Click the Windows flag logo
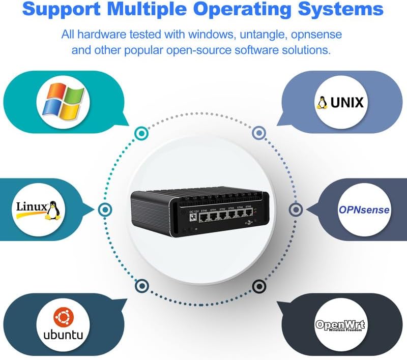click(64, 100)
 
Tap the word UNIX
click(347, 103)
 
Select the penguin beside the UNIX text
click(322, 103)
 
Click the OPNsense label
click(364, 209)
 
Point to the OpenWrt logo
click(340, 325)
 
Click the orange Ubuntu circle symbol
click(64, 318)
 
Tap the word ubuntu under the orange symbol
click(64, 336)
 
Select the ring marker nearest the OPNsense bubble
click(296, 209)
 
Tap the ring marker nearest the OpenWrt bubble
click(259, 285)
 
